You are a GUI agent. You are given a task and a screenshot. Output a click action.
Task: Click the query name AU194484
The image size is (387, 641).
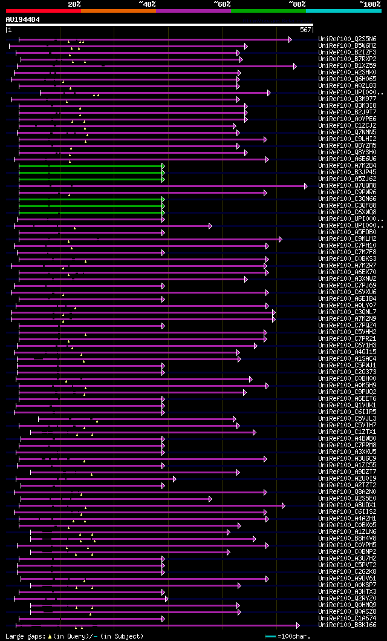[x=23, y=19]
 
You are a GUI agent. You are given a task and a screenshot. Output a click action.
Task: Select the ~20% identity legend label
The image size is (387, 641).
[x=74, y=4]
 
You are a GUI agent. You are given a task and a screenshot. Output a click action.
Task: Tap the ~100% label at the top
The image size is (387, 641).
[x=369, y=4]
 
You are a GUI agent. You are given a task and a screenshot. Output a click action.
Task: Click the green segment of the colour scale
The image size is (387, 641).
[x=268, y=10]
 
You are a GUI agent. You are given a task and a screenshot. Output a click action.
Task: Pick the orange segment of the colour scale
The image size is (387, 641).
[x=118, y=10]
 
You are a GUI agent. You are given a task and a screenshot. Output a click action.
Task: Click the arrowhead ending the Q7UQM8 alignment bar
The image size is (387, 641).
[x=306, y=186]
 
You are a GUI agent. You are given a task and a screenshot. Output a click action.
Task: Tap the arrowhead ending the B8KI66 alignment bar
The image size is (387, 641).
[x=298, y=625]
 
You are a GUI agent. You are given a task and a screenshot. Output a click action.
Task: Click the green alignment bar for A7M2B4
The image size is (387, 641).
[x=91, y=166]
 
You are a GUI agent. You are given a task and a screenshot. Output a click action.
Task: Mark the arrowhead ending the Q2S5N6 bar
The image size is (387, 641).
[x=290, y=39]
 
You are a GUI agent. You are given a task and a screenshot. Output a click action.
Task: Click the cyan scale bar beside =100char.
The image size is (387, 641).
[x=270, y=636]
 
